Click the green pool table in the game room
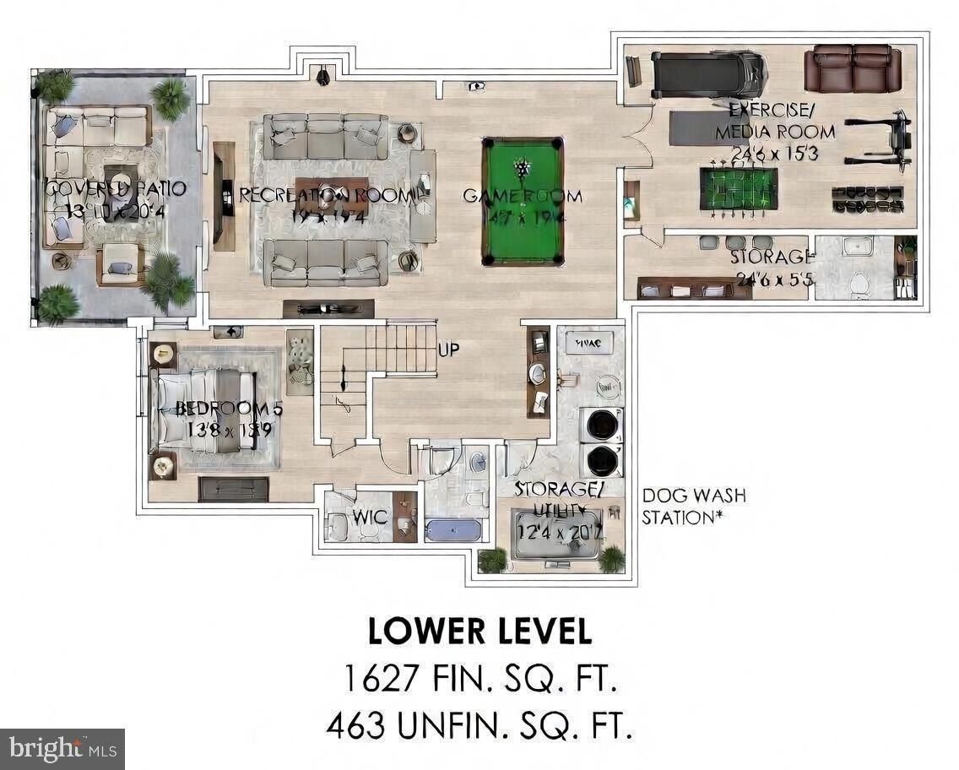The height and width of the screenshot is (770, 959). click(x=522, y=201)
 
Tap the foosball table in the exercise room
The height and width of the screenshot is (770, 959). click(x=738, y=188)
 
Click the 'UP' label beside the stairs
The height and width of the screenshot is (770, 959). click(x=448, y=349)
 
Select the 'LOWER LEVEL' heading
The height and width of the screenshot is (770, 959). click(x=479, y=631)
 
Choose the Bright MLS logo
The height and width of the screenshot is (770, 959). click(x=62, y=748)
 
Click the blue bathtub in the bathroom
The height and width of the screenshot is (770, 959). click(x=452, y=530)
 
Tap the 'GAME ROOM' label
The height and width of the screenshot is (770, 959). click(x=522, y=196)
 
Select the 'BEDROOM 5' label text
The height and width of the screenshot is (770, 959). click(x=228, y=409)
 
